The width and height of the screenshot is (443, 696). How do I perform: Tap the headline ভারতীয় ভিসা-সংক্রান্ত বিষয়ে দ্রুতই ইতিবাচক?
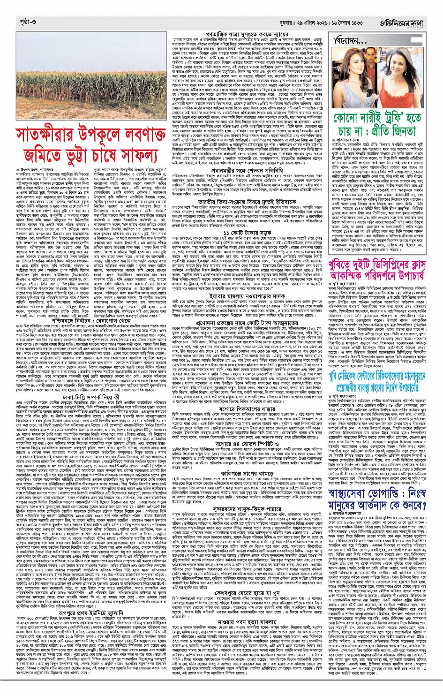(x=248, y=202)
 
